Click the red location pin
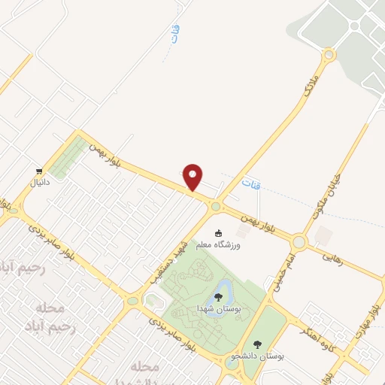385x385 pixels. [x=194, y=176]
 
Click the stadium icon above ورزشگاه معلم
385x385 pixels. [x=219, y=233]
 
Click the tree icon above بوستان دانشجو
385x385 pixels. [x=257, y=344]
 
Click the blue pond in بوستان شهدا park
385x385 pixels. [x=223, y=287]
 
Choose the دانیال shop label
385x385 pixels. [x=38, y=183]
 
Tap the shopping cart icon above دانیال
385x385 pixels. [x=38, y=171]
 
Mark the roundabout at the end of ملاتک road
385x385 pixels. [x=328, y=56]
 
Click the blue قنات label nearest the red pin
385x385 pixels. [x=251, y=183]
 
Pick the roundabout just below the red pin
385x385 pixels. [x=216, y=206]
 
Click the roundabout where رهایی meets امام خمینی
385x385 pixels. [x=299, y=242]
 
